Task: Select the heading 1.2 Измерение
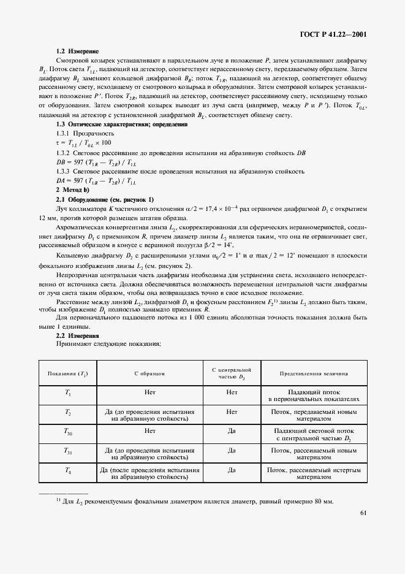77,51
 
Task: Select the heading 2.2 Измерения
77,336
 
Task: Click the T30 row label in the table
68,433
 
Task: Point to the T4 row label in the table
68,470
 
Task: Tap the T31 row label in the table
68,451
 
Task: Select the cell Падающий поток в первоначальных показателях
314,396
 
